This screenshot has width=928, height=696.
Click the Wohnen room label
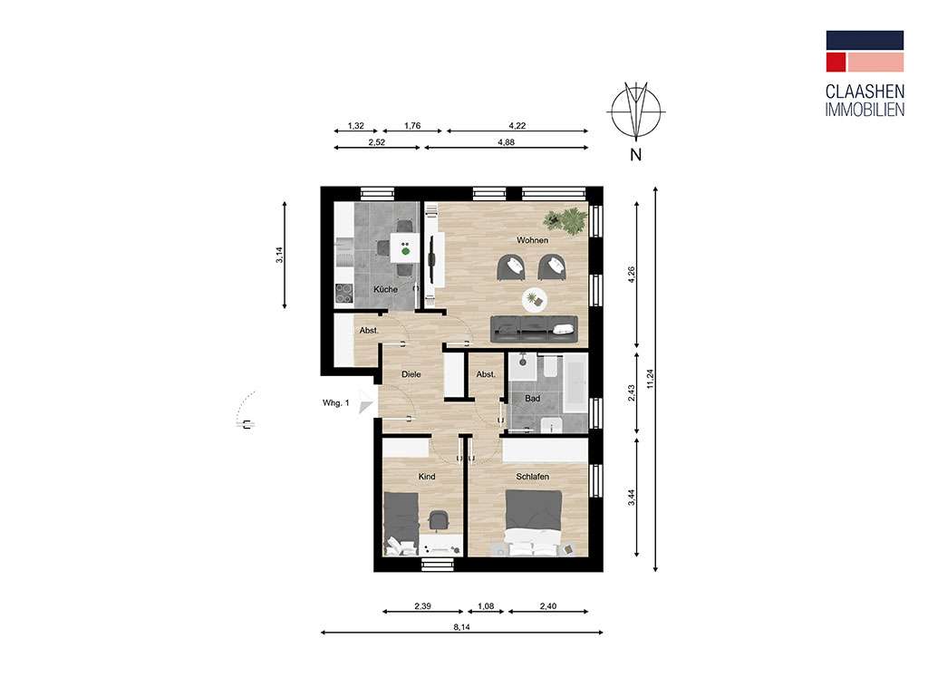[x=532, y=240]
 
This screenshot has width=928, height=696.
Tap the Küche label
[x=385, y=289]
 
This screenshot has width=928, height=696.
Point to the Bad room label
[x=533, y=398]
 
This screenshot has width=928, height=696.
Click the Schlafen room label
[x=533, y=476]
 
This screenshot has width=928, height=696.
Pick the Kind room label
[x=426, y=476]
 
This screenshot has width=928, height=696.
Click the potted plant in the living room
[x=568, y=220]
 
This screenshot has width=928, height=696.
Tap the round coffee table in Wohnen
[x=535, y=298]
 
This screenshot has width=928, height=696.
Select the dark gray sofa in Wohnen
[x=533, y=327]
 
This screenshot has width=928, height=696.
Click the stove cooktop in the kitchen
[x=344, y=292]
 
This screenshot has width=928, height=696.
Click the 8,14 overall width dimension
[x=460, y=624]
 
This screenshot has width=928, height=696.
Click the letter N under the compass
[x=635, y=154]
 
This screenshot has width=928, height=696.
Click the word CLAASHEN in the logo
[x=865, y=91]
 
